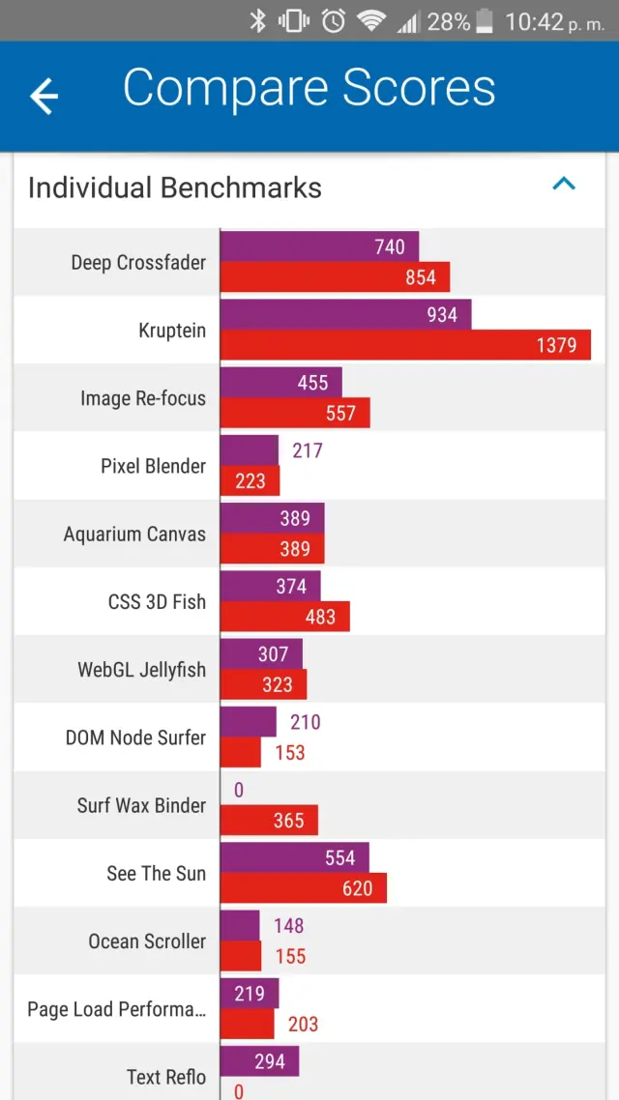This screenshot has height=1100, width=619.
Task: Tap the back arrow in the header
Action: point(44,96)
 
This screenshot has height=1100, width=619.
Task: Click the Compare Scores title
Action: point(309,89)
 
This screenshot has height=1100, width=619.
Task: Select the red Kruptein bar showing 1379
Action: point(405,345)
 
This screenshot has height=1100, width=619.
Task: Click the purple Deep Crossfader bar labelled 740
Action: point(319,246)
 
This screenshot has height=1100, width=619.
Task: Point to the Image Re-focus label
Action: point(143,397)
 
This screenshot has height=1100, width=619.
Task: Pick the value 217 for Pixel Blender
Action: point(308,450)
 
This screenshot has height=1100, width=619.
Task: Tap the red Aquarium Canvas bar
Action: point(272,549)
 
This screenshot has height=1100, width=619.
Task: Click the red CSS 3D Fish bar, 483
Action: point(284,617)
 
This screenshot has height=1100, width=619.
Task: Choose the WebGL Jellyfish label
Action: point(141,669)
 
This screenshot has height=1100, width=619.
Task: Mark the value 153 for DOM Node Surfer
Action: point(289,753)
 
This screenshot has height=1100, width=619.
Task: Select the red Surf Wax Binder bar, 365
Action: point(269,821)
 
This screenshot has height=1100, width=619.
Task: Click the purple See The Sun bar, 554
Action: point(294,857)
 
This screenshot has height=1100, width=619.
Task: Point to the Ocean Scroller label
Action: point(147,941)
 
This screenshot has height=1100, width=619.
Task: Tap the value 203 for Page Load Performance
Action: point(303,1025)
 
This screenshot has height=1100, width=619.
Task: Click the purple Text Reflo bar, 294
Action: point(259,1061)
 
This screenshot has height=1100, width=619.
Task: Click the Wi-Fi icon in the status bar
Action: point(371,21)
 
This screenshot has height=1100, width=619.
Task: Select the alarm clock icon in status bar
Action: point(334,21)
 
